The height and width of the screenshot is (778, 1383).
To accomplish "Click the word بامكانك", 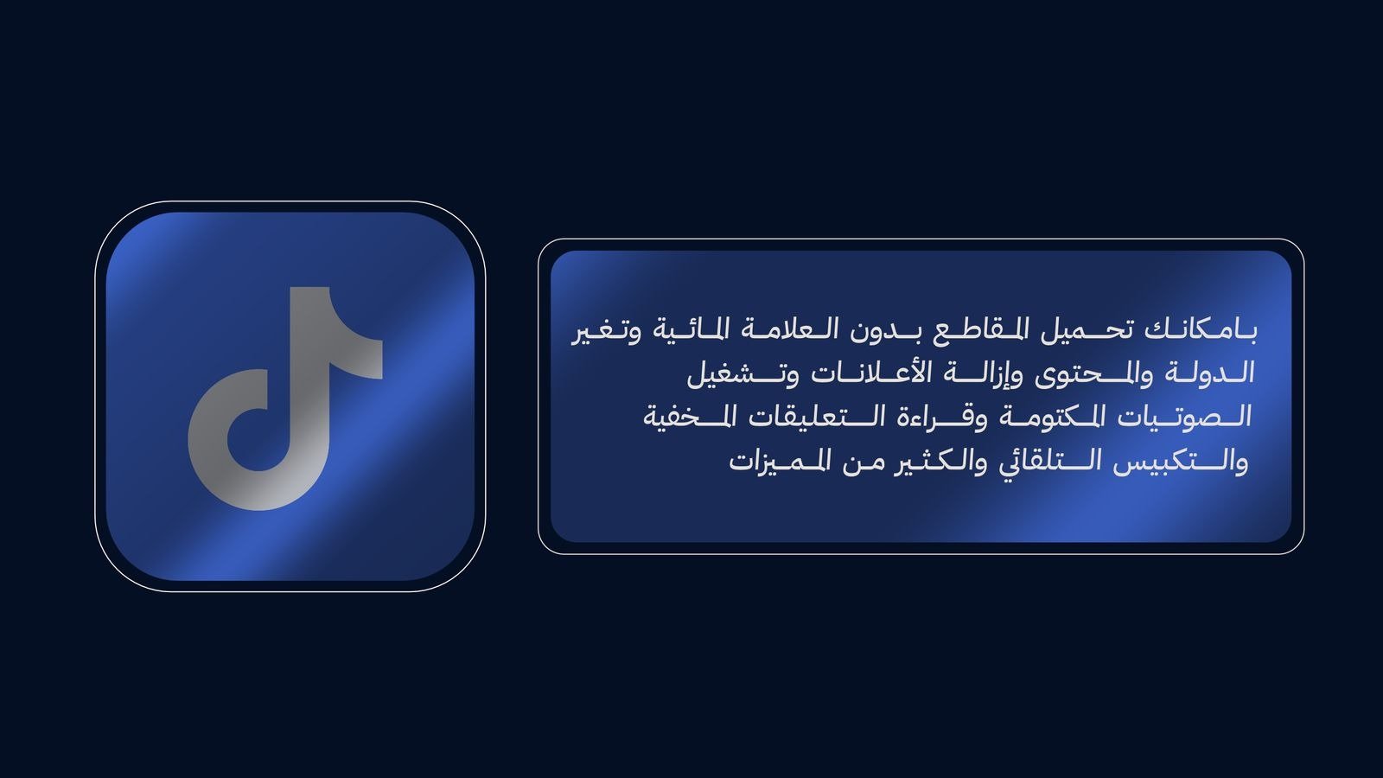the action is pyautogui.click(x=1201, y=330).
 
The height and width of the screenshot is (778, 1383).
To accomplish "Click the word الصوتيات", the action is pyautogui.click(x=1179, y=417).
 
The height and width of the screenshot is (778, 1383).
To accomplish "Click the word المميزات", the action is pyautogui.click(x=779, y=461).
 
